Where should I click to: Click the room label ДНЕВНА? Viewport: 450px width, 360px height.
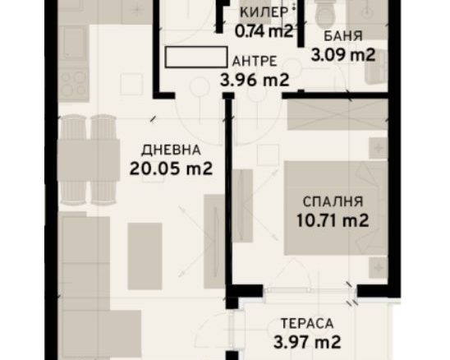coord(171,150)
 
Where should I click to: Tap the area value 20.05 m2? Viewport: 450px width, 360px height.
coord(171,168)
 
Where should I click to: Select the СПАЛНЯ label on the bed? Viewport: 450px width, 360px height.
coord(333,201)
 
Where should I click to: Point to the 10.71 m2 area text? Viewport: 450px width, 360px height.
coord(333,220)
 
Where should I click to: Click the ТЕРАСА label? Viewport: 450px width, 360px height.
coord(307,324)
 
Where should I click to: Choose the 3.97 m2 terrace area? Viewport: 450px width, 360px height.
coord(307,342)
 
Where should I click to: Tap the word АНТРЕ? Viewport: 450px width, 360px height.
coord(255,61)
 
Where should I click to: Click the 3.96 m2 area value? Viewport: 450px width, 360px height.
coord(255,80)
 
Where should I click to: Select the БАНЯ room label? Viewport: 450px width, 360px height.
coord(343,36)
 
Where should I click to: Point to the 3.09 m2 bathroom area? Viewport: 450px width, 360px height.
coord(343,55)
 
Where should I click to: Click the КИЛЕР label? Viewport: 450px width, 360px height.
coord(264,12)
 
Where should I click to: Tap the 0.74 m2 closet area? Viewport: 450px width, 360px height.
coord(264,31)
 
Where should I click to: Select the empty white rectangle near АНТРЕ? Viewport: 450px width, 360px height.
coord(196,58)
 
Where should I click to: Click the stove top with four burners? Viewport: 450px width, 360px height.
coord(73,83)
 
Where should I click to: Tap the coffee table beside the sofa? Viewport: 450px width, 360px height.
coord(145,256)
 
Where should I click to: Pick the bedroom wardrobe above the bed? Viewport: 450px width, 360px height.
coord(337,114)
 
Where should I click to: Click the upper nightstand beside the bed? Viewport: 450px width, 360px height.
coord(379,148)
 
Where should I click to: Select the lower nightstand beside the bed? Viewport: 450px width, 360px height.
coord(379,268)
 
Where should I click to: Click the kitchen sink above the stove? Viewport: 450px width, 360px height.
coord(73,43)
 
